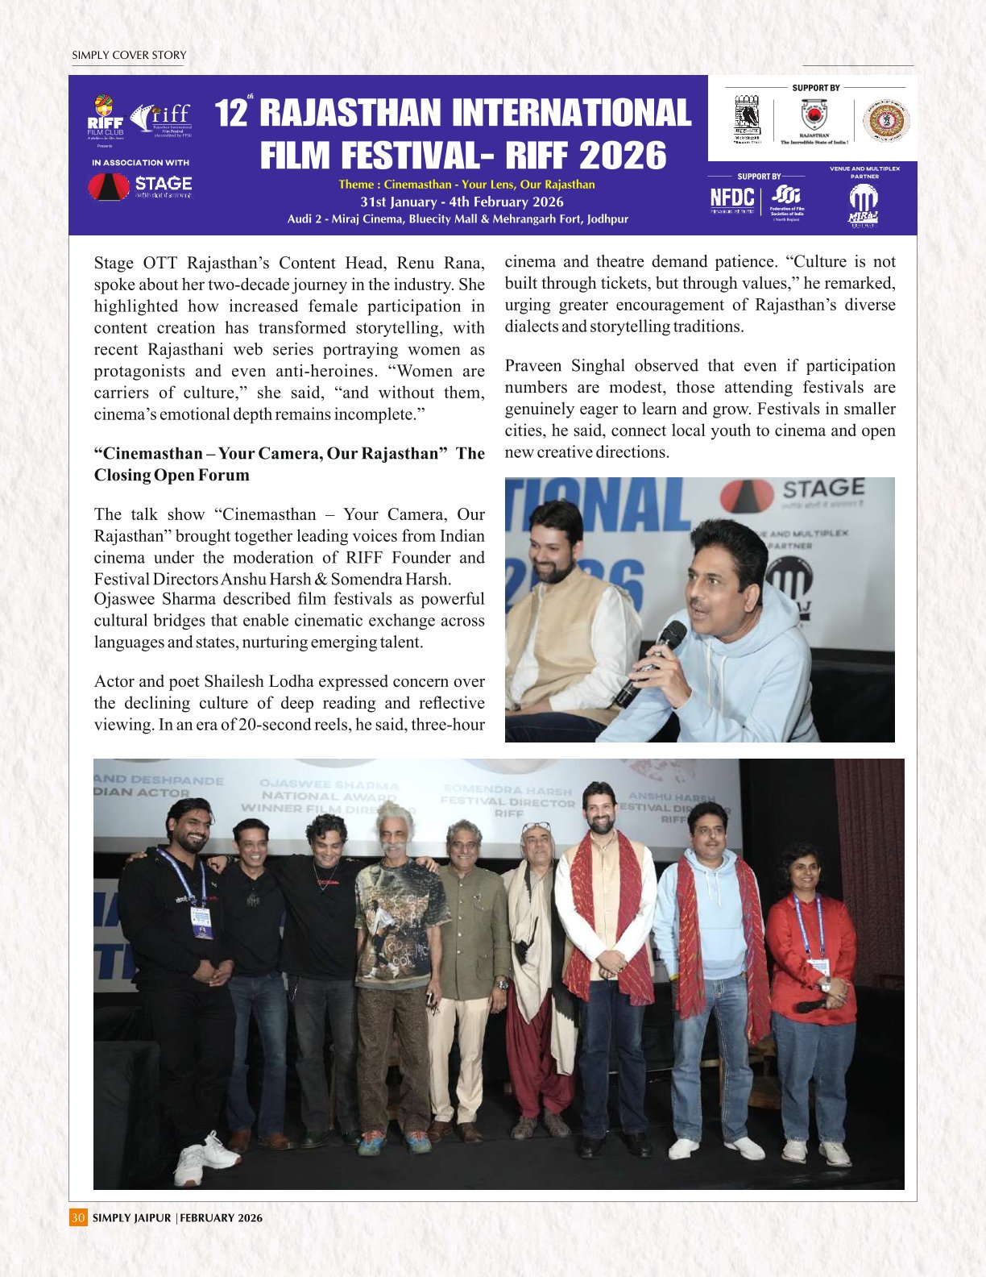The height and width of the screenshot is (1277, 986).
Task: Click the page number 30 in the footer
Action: pyautogui.click(x=77, y=1217)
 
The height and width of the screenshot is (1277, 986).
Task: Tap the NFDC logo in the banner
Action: pyautogui.click(x=731, y=198)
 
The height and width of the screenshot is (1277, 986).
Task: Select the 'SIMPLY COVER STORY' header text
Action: pyautogui.click(x=129, y=55)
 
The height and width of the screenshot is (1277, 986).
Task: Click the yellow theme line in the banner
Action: pyautogui.click(x=466, y=185)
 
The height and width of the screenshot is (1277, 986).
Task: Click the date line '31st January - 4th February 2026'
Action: pyautogui.click(x=462, y=202)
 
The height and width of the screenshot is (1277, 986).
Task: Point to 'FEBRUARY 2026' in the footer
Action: pyautogui.click(x=221, y=1217)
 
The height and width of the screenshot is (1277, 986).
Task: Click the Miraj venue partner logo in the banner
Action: pyautogui.click(x=863, y=205)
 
